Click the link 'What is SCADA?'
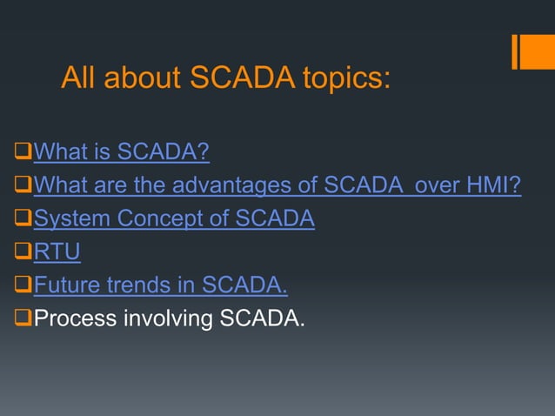click(x=122, y=154)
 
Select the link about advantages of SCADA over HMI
click(x=277, y=186)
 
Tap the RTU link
click(x=57, y=252)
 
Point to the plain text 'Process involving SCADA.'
click(x=170, y=319)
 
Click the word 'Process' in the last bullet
click(x=75, y=319)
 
